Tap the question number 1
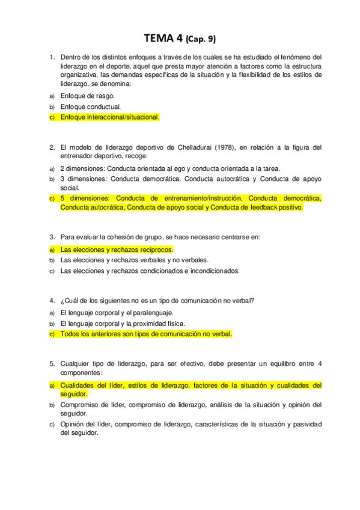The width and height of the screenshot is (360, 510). click(x=51, y=58)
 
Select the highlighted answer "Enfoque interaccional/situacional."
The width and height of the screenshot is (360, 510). click(x=110, y=117)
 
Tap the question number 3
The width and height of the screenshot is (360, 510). click(x=51, y=237)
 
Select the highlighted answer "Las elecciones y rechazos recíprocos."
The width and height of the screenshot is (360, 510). click(x=117, y=249)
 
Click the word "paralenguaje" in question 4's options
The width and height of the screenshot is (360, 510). click(x=153, y=312)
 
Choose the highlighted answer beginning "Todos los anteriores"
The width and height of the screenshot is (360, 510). click(x=146, y=334)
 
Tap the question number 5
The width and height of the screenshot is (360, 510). click(x=51, y=363)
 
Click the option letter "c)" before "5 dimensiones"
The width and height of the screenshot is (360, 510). click(x=52, y=198)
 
